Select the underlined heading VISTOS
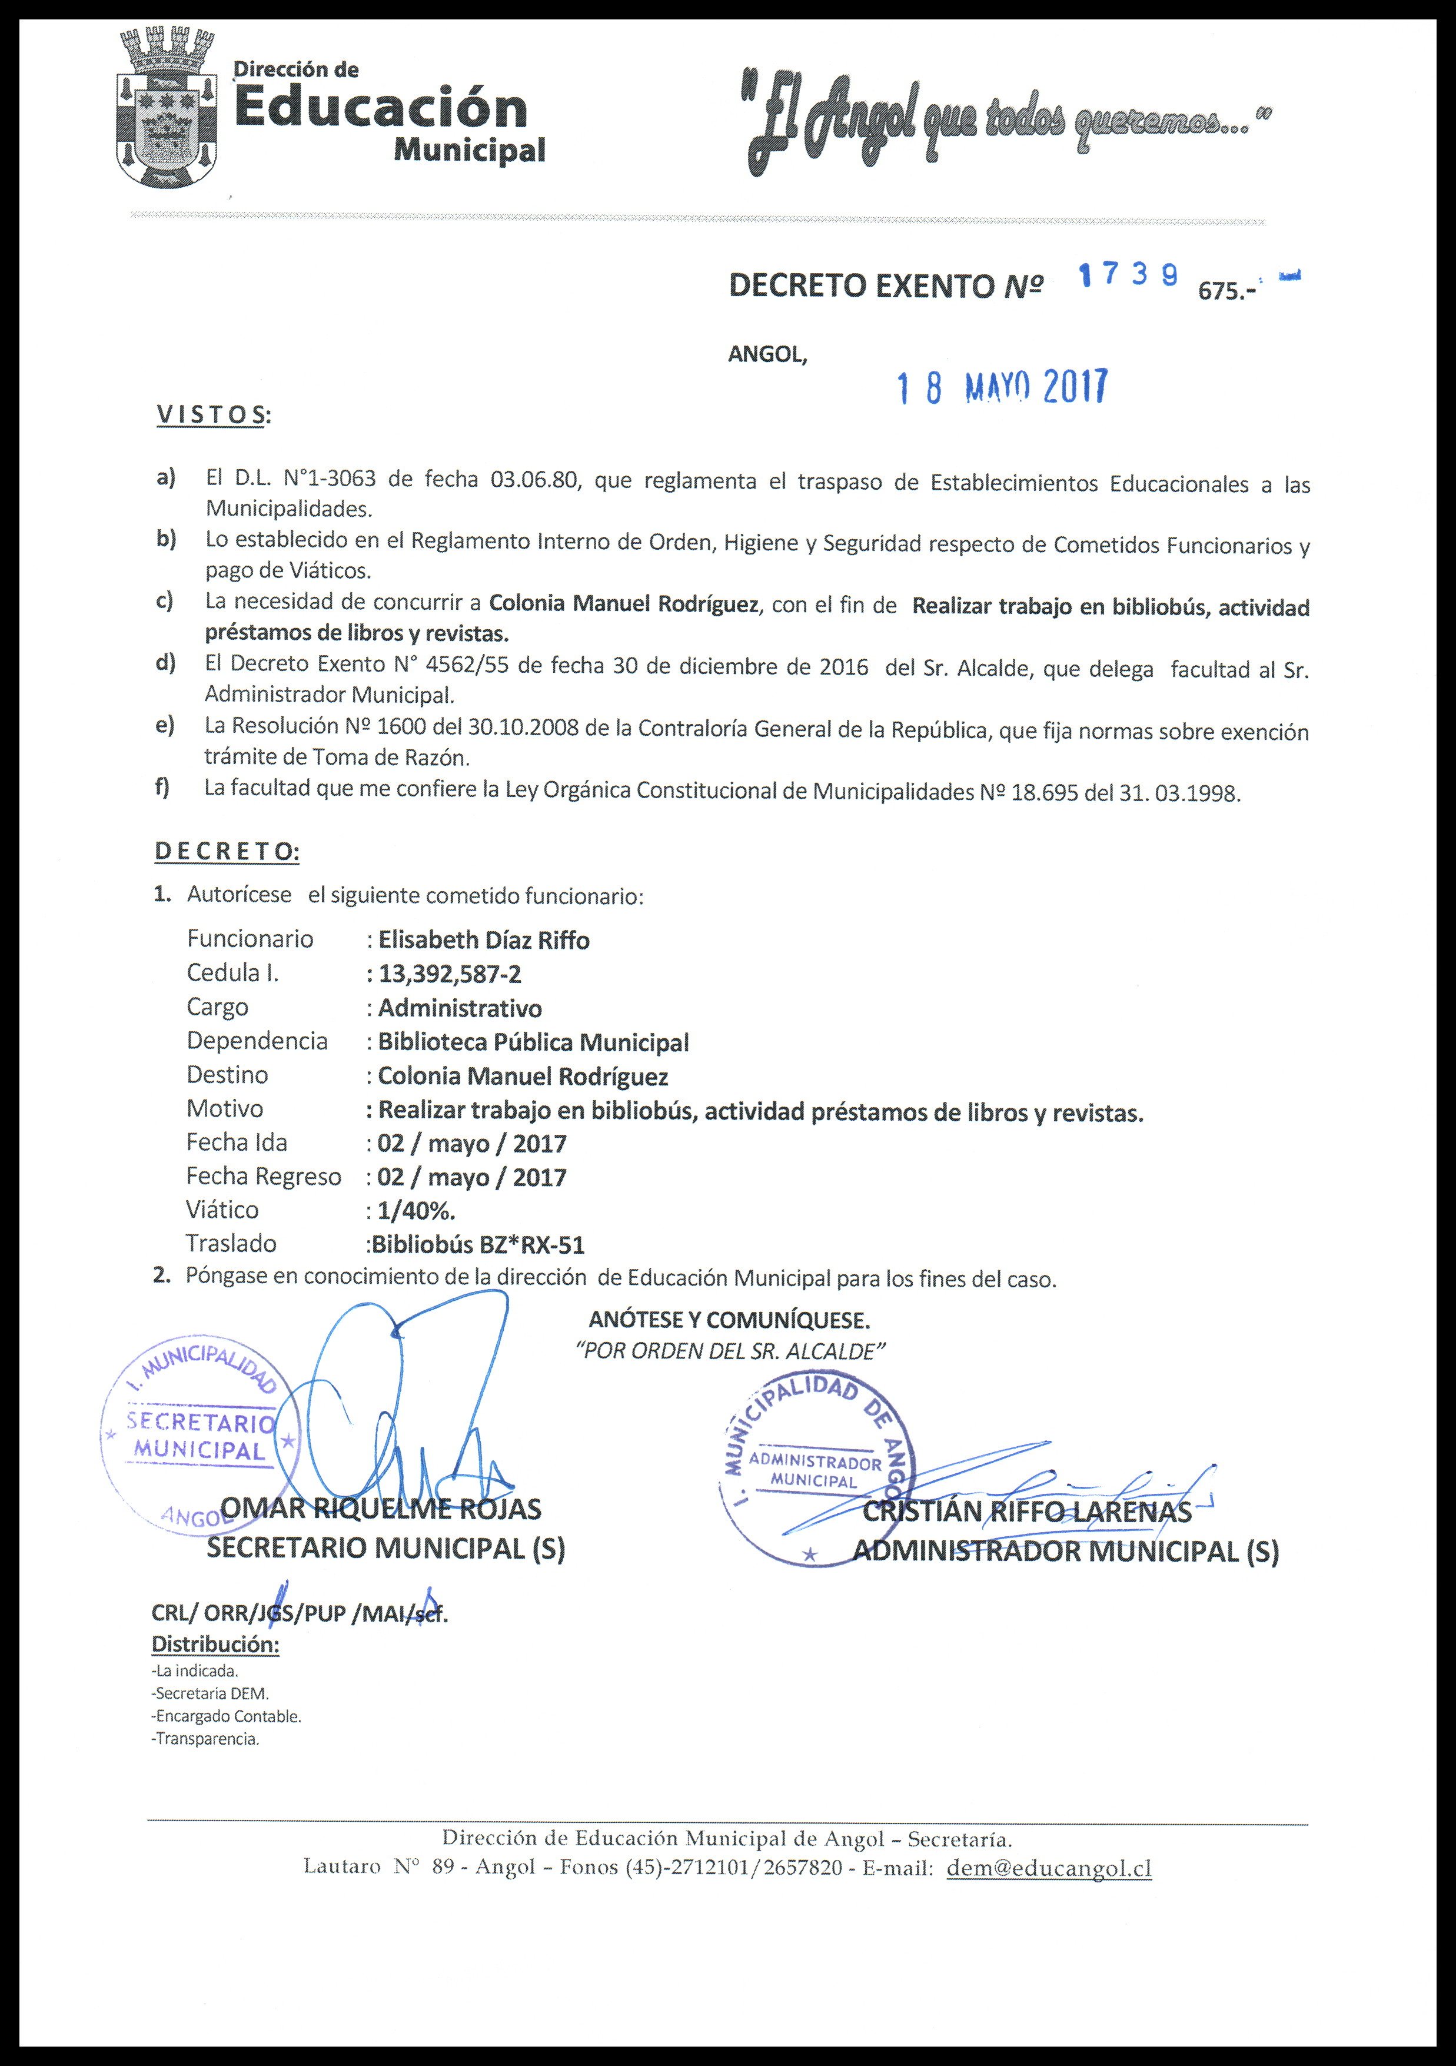[x=212, y=415]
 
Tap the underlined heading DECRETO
[x=227, y=851]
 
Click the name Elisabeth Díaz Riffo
[x=483, y=941]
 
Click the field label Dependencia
[x=257, y=1041]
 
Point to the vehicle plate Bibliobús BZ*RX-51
[x=477, y=1244]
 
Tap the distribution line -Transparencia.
[x=206, y=1739]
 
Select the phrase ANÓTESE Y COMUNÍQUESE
[x=729, y=1320]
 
